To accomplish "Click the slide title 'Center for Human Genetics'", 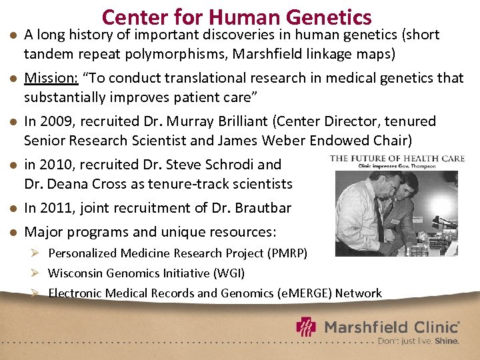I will pyautogui.click(x=237, y=16).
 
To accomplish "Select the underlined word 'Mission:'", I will pyautogui.click(x=51, y=78).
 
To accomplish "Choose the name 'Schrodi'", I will pyautogui.click(x=228, y=164).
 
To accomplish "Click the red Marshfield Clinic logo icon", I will pyautogui.click(x=307, y=328).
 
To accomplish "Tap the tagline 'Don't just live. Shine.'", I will pyautogui.click(x=418, y=341).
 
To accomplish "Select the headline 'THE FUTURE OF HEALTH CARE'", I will pyautogui.click(x=397, y=158).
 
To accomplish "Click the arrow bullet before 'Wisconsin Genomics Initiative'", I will pyautogui.click(x=39, y=273).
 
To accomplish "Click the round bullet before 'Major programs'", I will pyautogui.click(x=11, y=233).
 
